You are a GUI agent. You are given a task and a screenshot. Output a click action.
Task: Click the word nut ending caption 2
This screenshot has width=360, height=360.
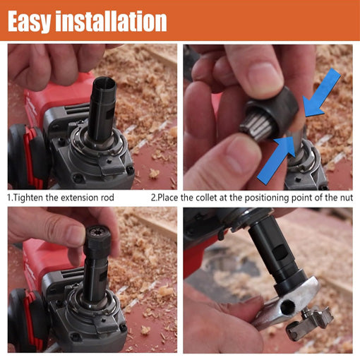pos(344,198)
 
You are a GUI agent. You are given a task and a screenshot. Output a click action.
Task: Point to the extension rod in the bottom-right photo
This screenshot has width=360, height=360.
pos(282,254)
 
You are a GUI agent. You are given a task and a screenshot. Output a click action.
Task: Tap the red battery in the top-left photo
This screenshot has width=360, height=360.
pos(25,148)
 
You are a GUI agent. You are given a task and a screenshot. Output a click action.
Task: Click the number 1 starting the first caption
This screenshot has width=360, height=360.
pos(9,198)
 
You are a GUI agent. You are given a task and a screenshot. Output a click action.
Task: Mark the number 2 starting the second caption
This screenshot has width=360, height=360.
pos(154,198)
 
